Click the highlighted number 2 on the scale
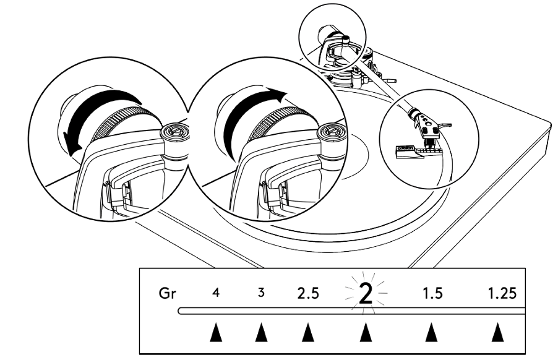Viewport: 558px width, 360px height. coord(365,294)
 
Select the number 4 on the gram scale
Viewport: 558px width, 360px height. coord(216,293)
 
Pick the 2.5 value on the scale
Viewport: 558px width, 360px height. coord(307,293)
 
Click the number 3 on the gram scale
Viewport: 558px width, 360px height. coord(261,293)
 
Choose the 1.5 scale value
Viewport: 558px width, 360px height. coord(432,293)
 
